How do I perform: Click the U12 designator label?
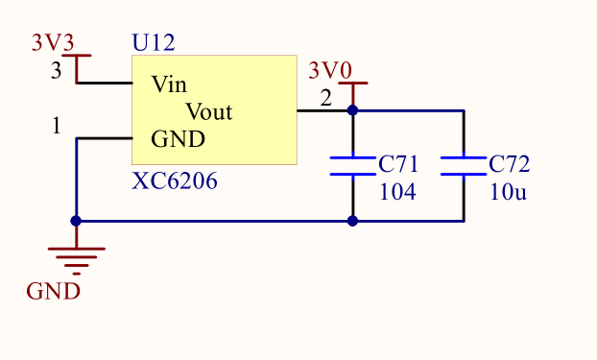click(x=153, y=43)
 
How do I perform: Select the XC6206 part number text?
click(x=174, y=180)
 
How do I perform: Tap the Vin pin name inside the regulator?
click(x=169, y=84)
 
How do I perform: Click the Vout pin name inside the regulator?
click(x=208, y=111)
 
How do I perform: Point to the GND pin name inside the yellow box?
click(x=178, y=139)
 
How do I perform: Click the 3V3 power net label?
click(x=53, y=43)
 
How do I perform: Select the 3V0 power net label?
click(x=329, y=71)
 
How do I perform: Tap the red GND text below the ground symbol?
click(x=53, y=291)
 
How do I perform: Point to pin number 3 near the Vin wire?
click(x=56, y=71)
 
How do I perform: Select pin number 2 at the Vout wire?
click(x=325, y=98)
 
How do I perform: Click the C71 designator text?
click(x=399, y=164)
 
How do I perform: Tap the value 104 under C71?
click(x=397, y=192)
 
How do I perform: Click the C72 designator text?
click(x=509, y=164)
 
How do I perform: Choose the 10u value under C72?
click(x=507, y=192)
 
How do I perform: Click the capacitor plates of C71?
click(x=352, y=166)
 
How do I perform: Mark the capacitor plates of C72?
click(x=464, y=166)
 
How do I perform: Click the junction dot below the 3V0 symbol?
click(x=352, y=110)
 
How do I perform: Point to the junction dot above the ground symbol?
click(x=76, y=221)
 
